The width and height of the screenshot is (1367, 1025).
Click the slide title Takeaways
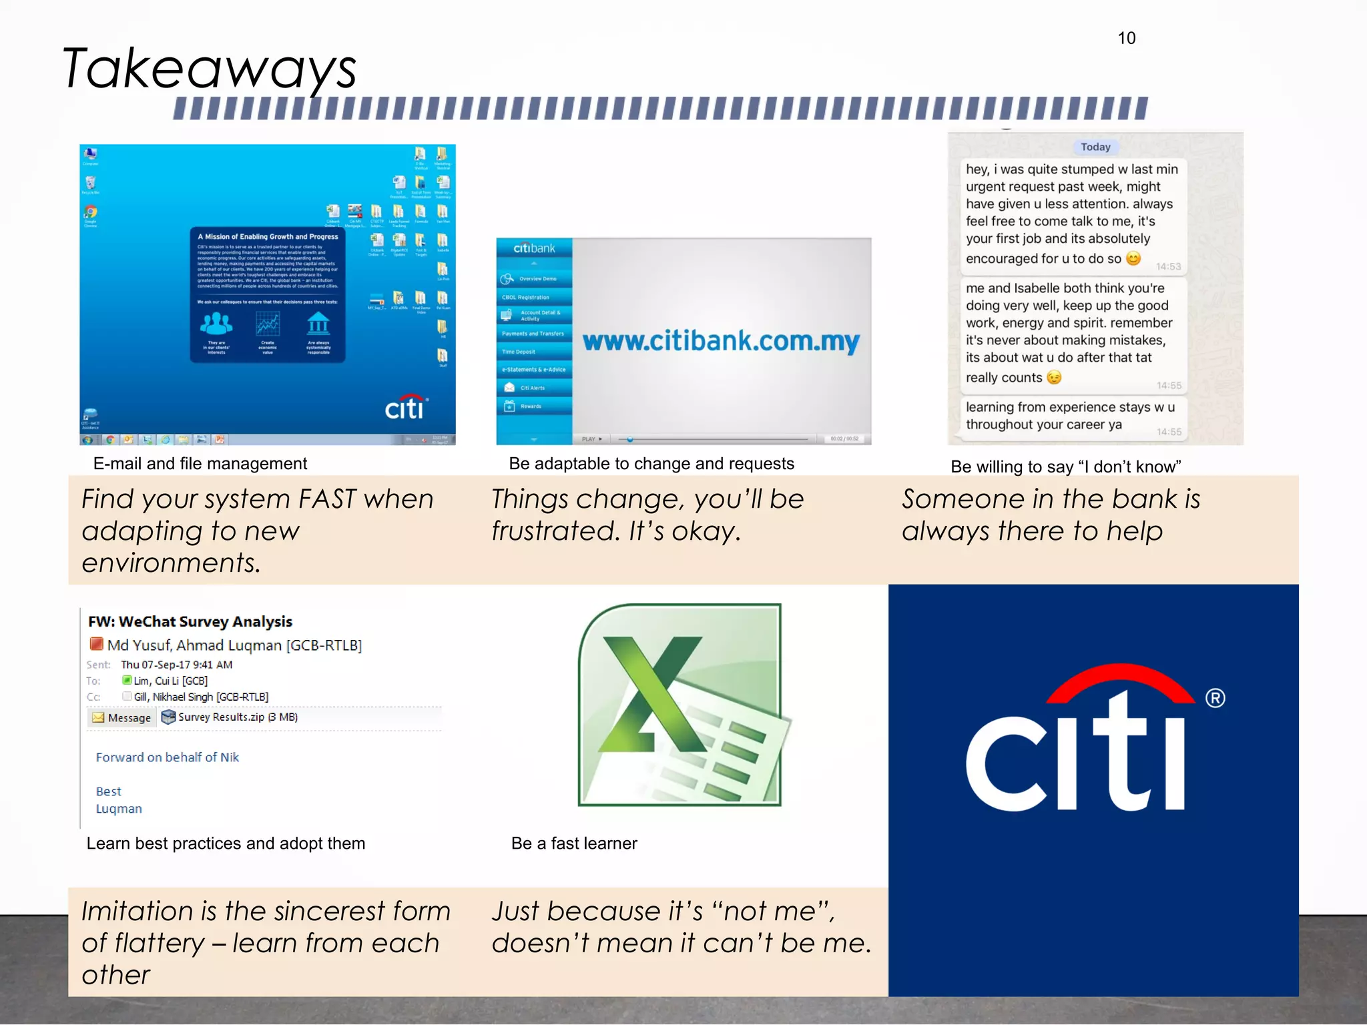[210, 68]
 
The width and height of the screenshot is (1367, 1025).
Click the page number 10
[1126, 38]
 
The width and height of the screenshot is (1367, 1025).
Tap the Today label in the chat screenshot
[1095, 147]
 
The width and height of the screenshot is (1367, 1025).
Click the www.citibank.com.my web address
[721, 341]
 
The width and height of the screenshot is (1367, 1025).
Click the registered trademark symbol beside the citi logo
[1215, 698]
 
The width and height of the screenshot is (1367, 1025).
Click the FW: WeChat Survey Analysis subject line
[190, 621]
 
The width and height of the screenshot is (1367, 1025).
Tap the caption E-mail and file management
[200, 463]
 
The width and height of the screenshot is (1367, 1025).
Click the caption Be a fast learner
[574, 843]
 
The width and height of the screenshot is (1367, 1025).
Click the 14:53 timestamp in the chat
[1168, 266]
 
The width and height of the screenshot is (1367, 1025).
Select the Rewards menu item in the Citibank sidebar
[531, 406]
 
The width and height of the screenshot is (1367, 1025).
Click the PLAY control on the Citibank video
[591, 439]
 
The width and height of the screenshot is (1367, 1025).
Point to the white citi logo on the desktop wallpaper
[405, 407]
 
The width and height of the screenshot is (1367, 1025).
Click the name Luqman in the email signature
[119, 808]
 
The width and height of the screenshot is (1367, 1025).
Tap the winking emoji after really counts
[1054, 378]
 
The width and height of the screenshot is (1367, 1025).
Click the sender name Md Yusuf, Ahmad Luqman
[234, 645]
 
